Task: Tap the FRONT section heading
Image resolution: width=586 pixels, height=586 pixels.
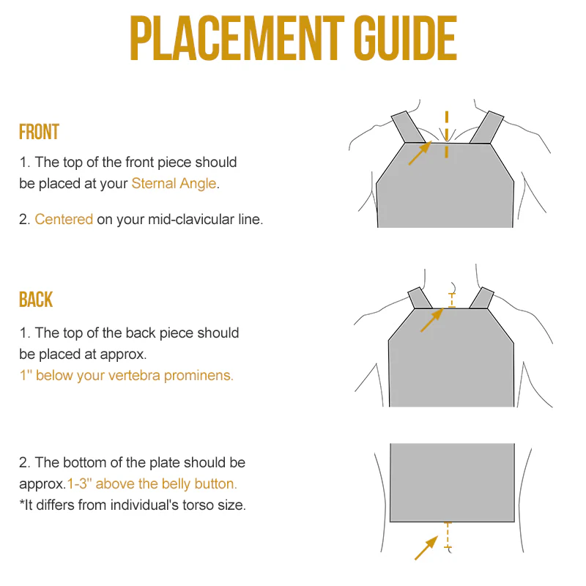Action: click(x=39, y=133)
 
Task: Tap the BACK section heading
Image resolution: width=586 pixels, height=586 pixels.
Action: click(x=36, y=300)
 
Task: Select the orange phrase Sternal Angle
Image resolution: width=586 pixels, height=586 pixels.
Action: click(x=174, y=183)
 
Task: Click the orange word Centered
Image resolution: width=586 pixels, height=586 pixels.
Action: click(x=64, y=219)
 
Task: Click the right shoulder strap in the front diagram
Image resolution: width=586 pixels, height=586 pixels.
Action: click(x=486, y=127)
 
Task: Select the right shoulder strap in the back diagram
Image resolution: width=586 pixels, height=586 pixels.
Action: click(x=481, y=297)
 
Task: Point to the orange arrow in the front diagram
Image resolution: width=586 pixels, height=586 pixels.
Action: click(x=418, y=155)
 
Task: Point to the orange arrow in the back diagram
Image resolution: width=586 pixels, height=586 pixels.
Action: click(x=431, y=320)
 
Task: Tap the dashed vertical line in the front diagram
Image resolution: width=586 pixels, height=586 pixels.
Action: click(x=446, y=135)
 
